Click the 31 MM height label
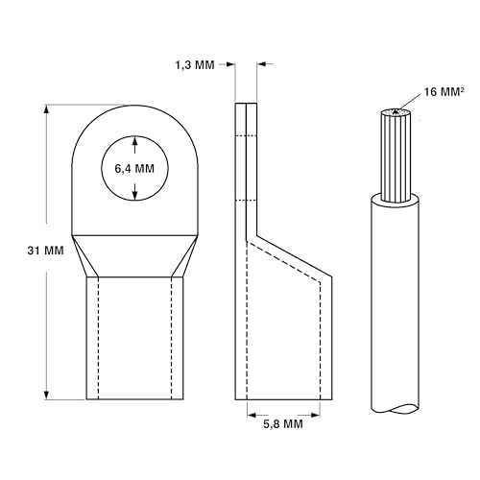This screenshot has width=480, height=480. point(45,251)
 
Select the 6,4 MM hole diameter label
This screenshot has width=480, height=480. point(134,169)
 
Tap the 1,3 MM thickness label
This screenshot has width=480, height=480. point(195,65)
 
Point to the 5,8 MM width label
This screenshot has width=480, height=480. point(283,424)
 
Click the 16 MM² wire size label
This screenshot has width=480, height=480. point(444,92)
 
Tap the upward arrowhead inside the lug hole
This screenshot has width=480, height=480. point(135,141)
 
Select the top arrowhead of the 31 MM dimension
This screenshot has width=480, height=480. point(47,109)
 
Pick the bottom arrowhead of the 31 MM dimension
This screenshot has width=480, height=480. point(47,395)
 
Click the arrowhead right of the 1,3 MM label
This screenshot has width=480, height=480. point(230,64)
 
